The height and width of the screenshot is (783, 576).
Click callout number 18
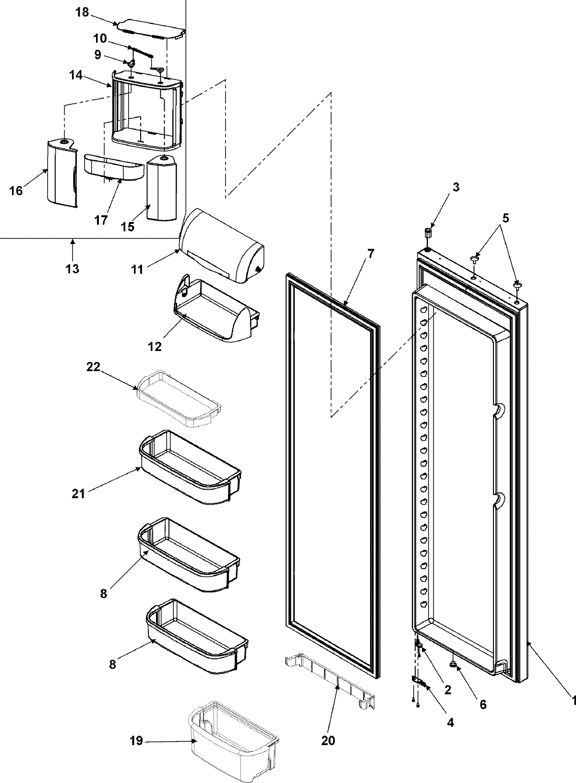[82, 12]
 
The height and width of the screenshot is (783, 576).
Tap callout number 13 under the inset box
[72, 269]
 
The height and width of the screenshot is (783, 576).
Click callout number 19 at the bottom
[136, 741]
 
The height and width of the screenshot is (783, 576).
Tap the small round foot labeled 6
[452, 665]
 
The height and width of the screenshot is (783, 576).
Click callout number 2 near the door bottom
[447, 690]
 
